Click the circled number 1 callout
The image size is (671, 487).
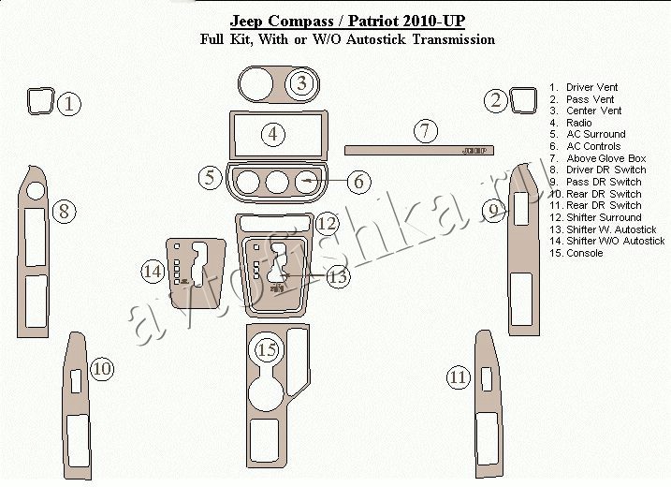click(69, 104)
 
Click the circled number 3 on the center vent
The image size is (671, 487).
click(302, 82)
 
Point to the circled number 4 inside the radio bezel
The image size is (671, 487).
click(273, 134)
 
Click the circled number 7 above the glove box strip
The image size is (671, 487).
click(426, 130)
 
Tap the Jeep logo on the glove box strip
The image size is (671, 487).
click(474, 151)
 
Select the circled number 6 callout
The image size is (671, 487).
click(358, 181)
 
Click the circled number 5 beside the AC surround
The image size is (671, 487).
click(211, 177)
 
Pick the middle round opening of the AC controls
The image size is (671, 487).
click(277, 182)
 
